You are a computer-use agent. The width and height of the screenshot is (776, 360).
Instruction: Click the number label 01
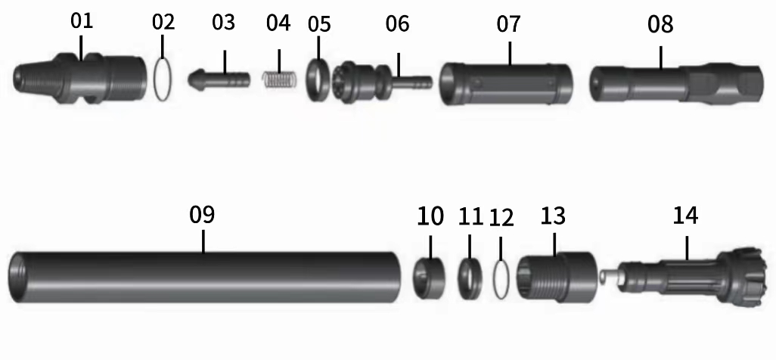click(x=82, y=21)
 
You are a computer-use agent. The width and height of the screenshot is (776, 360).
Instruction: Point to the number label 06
click(x=397, y=24)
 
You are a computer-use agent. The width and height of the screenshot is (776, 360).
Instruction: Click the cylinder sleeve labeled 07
click(x=507, y=82)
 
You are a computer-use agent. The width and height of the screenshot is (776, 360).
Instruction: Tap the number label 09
click(x=202, y=215)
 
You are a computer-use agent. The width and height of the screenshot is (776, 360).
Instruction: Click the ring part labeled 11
click(x=470, y=277)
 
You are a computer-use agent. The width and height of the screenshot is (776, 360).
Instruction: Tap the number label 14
click(x=686, y=216)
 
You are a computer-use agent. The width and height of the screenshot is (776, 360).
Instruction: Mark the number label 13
click(x=553, y=216)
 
